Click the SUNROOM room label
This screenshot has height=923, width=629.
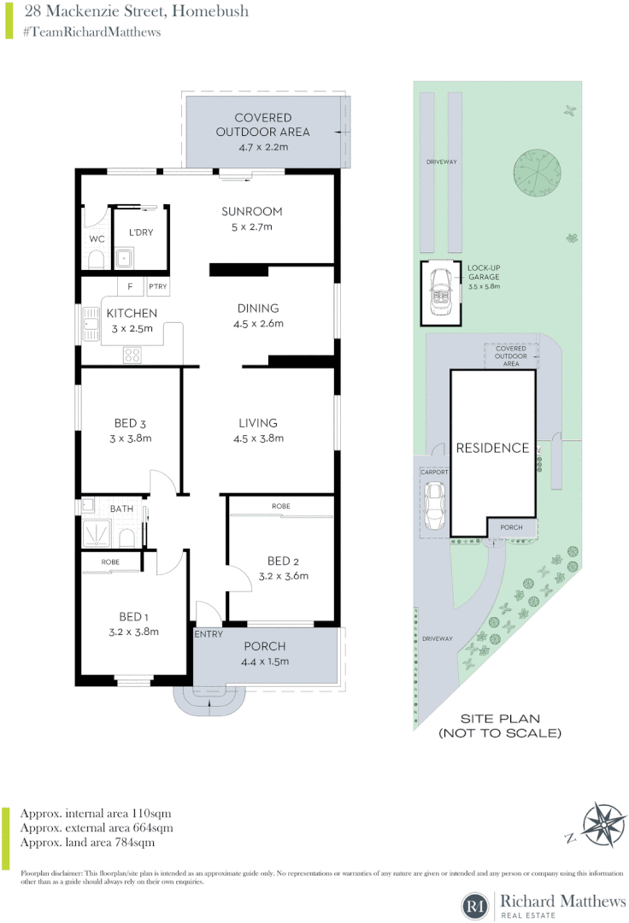pyautogui.click(x=251, y=211)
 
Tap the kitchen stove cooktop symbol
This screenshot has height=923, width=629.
pyautogui.click(x=133, y=353)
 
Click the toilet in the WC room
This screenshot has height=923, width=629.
pyautogui.click(x=96, y=259)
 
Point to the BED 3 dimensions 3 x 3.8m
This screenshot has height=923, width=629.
pyautogui.click(x=132, y=438)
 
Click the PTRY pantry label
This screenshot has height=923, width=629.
pyautogui.click(x=158, y=287)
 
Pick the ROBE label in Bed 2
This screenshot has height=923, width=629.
pyautogui.click(x=280, y=507)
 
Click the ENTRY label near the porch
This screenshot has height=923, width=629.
pyautogui.click(x=209, y=634)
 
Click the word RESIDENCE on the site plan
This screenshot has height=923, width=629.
pyautogui.click(x=491, y=448)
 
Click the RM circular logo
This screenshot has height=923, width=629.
pyautogui.click(x=473, y=904)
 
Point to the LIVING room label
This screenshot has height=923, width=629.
pyautogui.click(x=258, y=423)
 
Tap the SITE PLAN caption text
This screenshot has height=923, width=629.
pyautogui.click(x=500, y=726)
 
